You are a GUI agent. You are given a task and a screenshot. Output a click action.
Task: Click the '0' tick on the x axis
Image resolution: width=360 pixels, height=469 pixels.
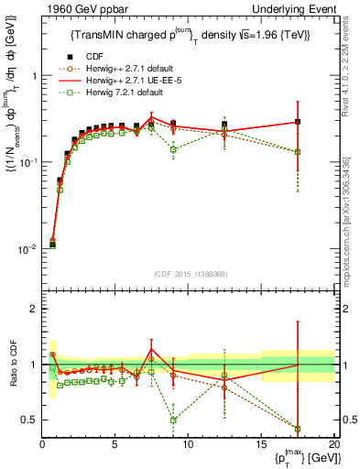[x=42, y=445]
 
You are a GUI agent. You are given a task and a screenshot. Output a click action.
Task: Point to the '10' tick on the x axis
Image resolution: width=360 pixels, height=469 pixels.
[x=188, y=445]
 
